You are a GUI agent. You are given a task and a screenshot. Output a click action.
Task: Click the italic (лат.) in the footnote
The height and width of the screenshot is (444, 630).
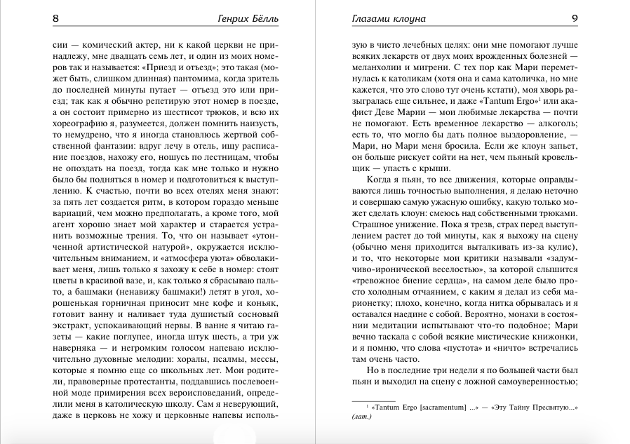(361, 418)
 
